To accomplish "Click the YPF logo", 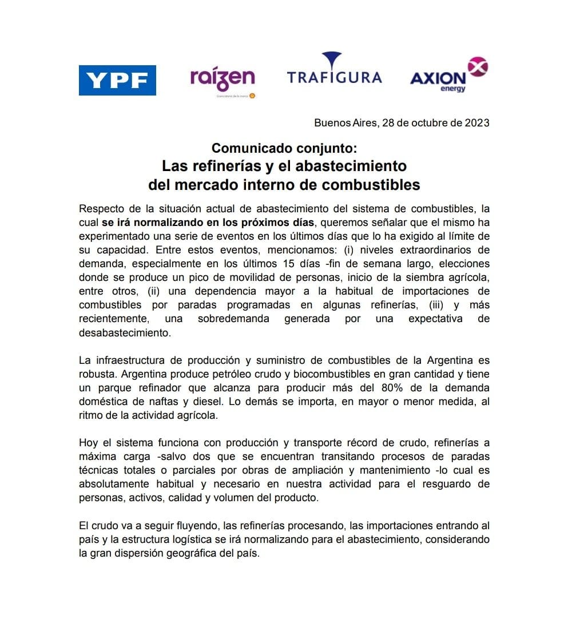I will click(117, 80).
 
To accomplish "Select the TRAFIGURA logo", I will click(333, 70).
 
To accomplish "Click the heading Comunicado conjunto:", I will click(284, 148).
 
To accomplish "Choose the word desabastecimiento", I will click(125, 332).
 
